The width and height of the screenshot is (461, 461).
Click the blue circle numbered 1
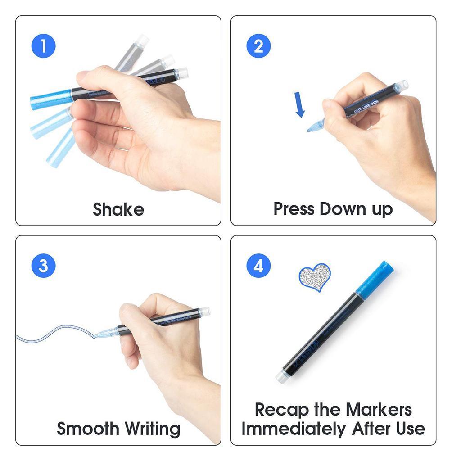44,46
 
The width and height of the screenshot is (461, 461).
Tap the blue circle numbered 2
258,46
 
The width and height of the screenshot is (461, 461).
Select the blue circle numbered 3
44,266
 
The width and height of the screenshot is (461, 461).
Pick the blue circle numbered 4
258,266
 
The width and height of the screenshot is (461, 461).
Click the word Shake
118,210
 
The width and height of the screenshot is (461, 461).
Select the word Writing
152,428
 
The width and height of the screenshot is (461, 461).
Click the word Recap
281,410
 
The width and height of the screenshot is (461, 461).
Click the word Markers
380,410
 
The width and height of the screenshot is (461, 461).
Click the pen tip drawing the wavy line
98,335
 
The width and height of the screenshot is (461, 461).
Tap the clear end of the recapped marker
283,376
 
